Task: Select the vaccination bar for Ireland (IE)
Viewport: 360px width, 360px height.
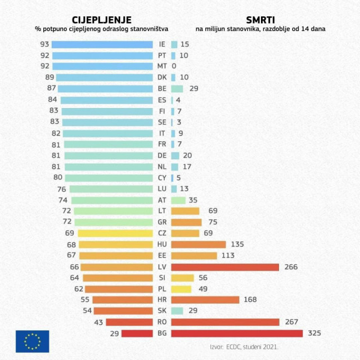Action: pos(102,44)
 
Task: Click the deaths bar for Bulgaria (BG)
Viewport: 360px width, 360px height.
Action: pos(237,333)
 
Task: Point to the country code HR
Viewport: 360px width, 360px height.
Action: pos(162,300)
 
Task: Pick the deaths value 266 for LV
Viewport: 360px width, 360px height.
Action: pos(291,267)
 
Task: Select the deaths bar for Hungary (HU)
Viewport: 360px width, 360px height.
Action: pos(198,244)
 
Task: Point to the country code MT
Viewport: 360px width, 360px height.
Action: pos(162,66)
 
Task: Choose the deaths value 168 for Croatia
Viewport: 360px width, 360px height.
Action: pos(250,300)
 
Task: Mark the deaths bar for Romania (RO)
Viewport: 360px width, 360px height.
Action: pos(225,322)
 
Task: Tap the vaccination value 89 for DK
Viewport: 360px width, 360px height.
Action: pos(49,77)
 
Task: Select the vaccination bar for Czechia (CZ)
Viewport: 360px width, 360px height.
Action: pos(115,233)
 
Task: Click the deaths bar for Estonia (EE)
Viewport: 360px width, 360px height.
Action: pos(194,255)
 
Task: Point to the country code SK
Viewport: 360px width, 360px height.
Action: pos(162,310)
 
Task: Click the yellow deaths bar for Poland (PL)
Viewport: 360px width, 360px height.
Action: pos(181,289)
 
